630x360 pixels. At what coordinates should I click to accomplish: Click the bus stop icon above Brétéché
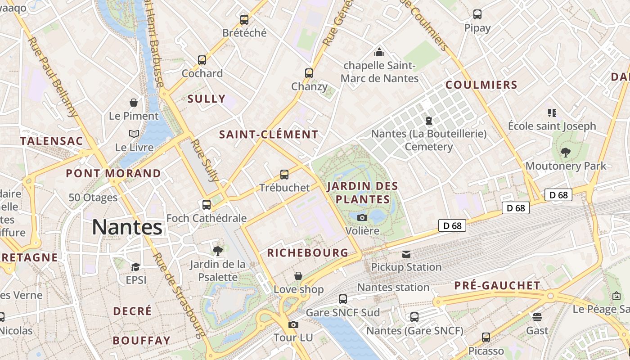click(x=244, y=20)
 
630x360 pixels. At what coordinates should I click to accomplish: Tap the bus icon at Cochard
click(x=202, y=60)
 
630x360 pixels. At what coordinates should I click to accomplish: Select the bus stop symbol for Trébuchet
click(x=284, y=175)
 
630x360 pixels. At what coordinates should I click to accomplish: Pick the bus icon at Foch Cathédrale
click(x=207, y=205)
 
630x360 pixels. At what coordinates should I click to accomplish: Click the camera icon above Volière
click(x=362, y=218)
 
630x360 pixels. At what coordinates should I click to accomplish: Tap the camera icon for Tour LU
click(x=293, y=324)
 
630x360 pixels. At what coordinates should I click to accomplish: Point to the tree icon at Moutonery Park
click(x=566, y=153)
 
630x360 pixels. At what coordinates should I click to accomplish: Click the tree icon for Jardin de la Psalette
click(x=218, y=251)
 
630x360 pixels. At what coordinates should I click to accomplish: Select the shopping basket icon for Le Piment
click(x=134, y=103)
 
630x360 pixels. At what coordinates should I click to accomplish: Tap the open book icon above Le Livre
click(x=134, y=134)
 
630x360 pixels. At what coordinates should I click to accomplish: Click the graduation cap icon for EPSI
click(x=135, y=267)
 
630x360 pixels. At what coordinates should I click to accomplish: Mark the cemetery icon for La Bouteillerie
click(x=429, y=121)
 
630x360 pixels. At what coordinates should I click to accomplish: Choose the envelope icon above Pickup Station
click(x=406, y=254)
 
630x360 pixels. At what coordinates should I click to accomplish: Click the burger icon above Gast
click(x=537, y=317)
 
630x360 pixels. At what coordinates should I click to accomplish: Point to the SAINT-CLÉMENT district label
click(x=269, y=135)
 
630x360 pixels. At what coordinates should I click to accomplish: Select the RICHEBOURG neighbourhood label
click(x=308, y=253)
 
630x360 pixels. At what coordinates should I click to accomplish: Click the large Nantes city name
click(x=127, y=227)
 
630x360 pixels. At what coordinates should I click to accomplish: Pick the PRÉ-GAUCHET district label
click(x=497, y=286)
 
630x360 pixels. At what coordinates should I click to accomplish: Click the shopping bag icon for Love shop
click(x=298, y=276)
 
